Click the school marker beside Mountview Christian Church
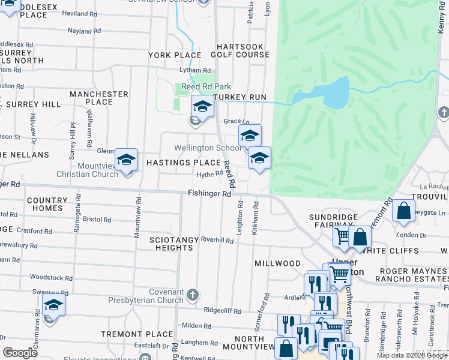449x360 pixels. tap(126, 160)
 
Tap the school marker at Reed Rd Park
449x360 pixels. tap(202, 107)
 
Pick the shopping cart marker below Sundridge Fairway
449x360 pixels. tap(342, 236)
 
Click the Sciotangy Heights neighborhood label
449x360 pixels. tap(173, 244)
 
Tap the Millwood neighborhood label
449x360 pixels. tap(277, 263)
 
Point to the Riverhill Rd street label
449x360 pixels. tap(217, 240)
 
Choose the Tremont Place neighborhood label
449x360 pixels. tap(128, 334)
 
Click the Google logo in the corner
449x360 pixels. tap(20, 352)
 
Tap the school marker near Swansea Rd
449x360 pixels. tap(53, 305)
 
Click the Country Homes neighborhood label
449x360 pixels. tap(44, 204)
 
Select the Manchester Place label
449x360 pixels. tap(99, 98)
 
